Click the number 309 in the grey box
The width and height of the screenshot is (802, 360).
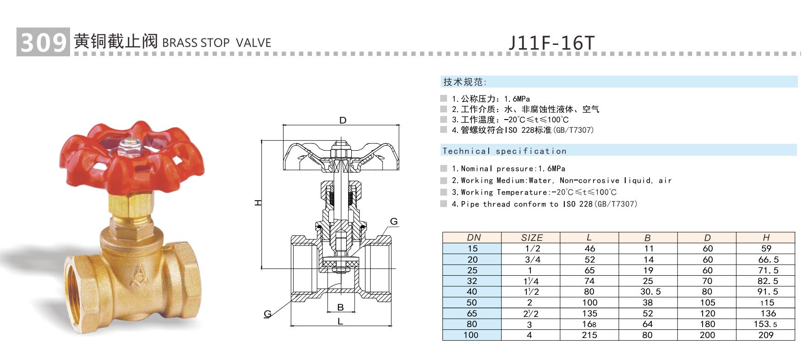click(x=43, y=42)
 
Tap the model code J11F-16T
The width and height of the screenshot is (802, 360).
click(x=551, y=43)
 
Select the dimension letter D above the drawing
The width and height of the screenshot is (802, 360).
click(x=343, y=120)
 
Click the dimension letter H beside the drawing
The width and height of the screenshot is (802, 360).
click(x=258, y=202)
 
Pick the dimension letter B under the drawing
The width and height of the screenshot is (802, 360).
click(x=340, y=307)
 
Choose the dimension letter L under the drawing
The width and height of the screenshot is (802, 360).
click(x=340, y=322)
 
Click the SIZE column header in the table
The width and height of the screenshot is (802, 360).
click(x=531, y=237)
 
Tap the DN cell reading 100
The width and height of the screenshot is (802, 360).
click(x=471, y=335)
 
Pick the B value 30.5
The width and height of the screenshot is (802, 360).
click(x=647, y=292)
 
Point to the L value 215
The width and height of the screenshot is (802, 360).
click(x=589, y=335)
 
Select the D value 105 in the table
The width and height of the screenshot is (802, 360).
click(x=707, y=303)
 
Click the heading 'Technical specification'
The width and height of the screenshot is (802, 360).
click(x=504, y=151)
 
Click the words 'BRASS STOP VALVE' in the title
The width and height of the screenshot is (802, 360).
click(x=217, y=43)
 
